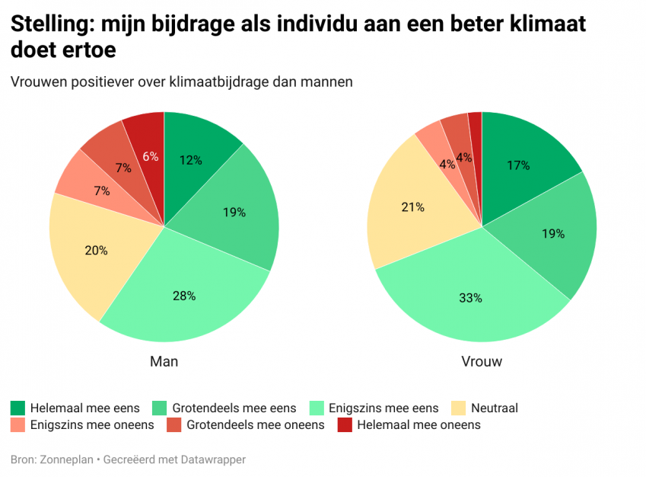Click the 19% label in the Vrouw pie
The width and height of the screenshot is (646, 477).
pos(553,234)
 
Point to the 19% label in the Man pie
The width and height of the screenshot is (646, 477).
pos(234,213)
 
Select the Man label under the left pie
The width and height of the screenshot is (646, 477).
pos(164,361)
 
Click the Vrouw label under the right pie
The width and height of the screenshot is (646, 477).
pos(482,361)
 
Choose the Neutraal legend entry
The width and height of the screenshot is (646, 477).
pos(495,408)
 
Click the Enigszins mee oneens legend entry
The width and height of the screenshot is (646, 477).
pos(91,425)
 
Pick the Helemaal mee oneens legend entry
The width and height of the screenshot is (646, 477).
pos(418,425)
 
